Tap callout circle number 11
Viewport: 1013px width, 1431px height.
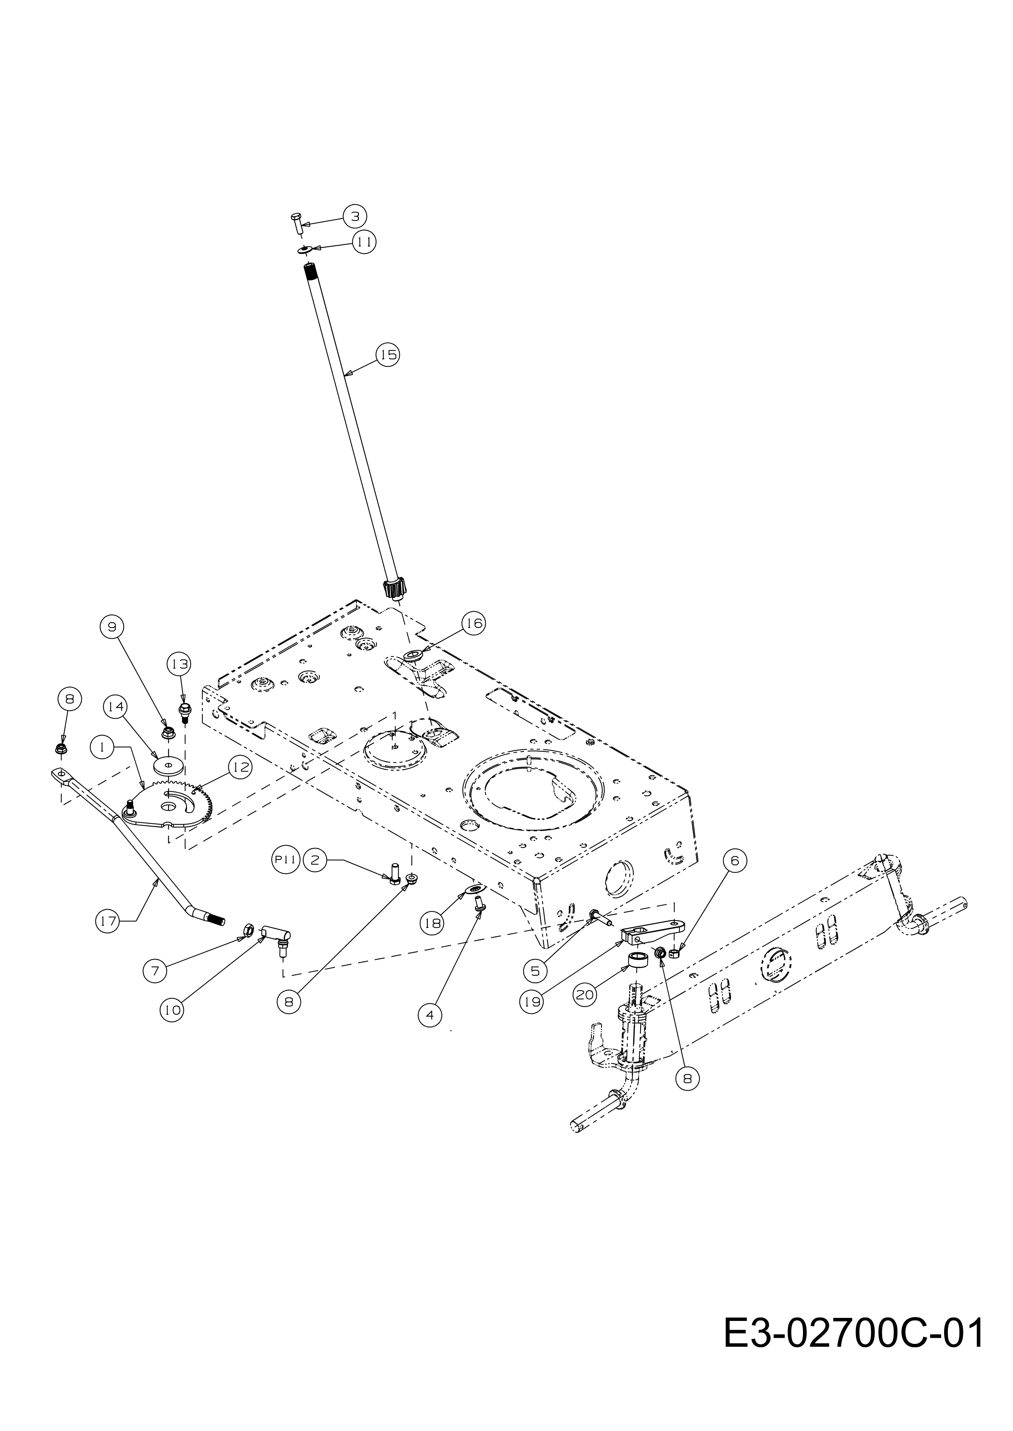(365, 242)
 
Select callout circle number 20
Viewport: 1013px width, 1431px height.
(586, 995)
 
